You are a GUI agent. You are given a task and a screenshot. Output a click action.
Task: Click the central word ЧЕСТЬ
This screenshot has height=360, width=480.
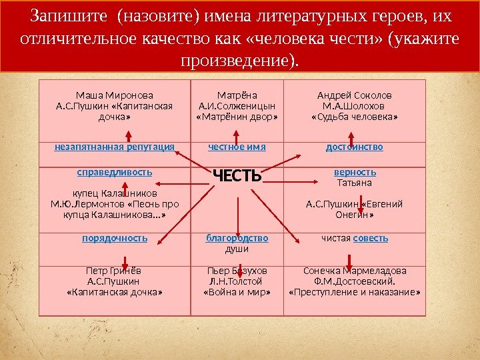237,176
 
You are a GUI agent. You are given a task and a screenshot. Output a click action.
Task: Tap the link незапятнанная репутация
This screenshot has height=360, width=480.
115,147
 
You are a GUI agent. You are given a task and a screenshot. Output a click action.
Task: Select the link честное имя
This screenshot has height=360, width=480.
237,147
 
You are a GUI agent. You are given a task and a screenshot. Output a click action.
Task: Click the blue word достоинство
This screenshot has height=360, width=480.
355,147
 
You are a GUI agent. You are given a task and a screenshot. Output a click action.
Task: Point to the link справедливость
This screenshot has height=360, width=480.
115,172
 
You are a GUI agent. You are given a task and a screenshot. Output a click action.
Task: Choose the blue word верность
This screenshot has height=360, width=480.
355,172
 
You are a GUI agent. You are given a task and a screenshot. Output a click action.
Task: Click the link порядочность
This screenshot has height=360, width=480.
115,238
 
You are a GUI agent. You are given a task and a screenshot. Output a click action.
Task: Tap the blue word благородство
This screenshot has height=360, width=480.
237,238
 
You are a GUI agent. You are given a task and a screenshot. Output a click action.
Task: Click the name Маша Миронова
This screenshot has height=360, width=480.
115,95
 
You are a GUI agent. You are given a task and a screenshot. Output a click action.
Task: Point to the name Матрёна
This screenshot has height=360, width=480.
237,95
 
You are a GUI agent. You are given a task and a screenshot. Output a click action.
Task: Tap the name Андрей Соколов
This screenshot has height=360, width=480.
355,95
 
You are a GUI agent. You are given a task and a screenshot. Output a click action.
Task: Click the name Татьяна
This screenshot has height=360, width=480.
355,182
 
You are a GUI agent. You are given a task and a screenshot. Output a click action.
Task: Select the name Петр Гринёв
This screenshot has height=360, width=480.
115,271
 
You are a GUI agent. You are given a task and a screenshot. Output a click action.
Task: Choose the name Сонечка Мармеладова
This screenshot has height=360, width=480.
355,271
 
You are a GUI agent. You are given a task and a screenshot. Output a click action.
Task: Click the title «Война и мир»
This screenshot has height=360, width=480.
237,292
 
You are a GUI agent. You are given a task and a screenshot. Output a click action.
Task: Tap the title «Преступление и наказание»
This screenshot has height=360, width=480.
355,292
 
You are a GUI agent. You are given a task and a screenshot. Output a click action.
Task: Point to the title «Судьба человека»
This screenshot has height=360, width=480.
355,116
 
